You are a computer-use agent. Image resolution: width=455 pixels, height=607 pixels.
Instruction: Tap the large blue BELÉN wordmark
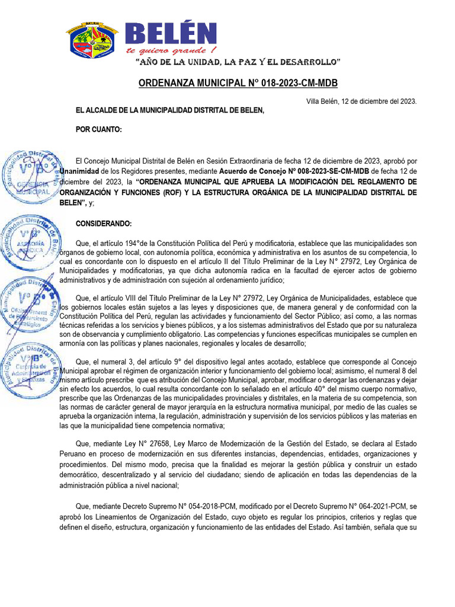170,34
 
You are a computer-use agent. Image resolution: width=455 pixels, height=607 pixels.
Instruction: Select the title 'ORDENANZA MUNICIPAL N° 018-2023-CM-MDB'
238,82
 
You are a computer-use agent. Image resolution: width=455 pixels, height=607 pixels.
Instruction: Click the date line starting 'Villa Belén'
361,101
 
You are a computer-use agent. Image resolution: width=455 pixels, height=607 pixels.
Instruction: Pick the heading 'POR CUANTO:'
98,130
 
